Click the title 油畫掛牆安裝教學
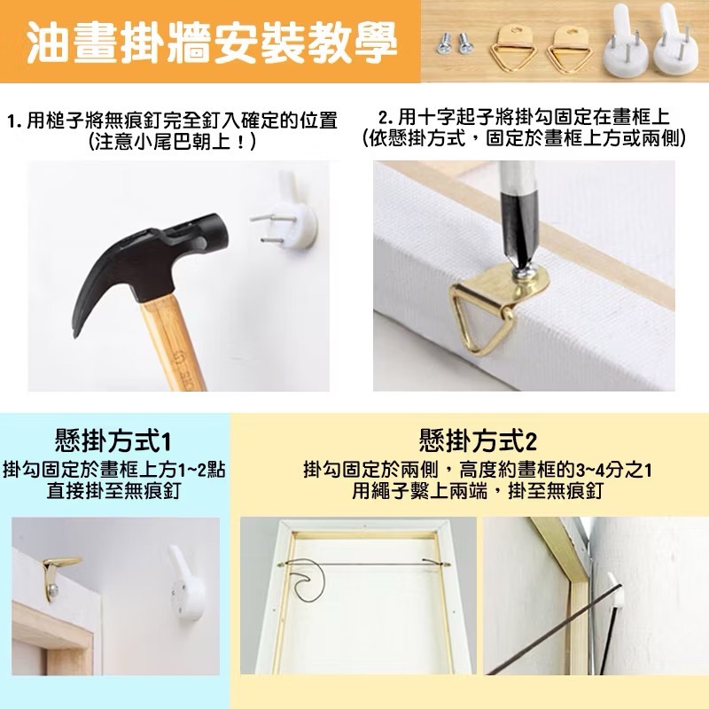pos(210,42)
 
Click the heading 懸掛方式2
pos(479,440)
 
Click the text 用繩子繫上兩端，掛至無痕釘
pos(479,491)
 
